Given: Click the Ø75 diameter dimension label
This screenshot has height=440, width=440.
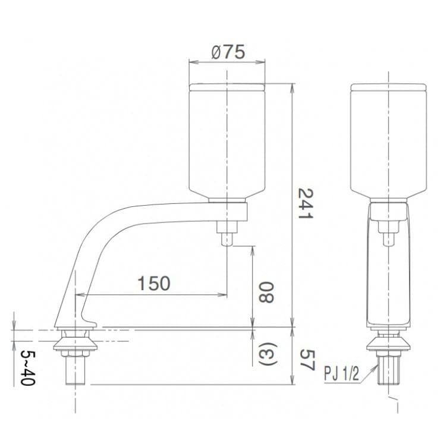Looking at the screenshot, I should pyautogui.click(x=228, y=52).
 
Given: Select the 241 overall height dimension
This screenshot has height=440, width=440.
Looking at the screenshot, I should pyautogui.click(x=305, y=204).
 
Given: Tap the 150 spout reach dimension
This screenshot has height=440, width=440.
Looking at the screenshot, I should pyautogui.click(x=153, y=283).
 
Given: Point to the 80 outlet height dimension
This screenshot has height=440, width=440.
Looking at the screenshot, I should pyautogui.click(x=267, y=292).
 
